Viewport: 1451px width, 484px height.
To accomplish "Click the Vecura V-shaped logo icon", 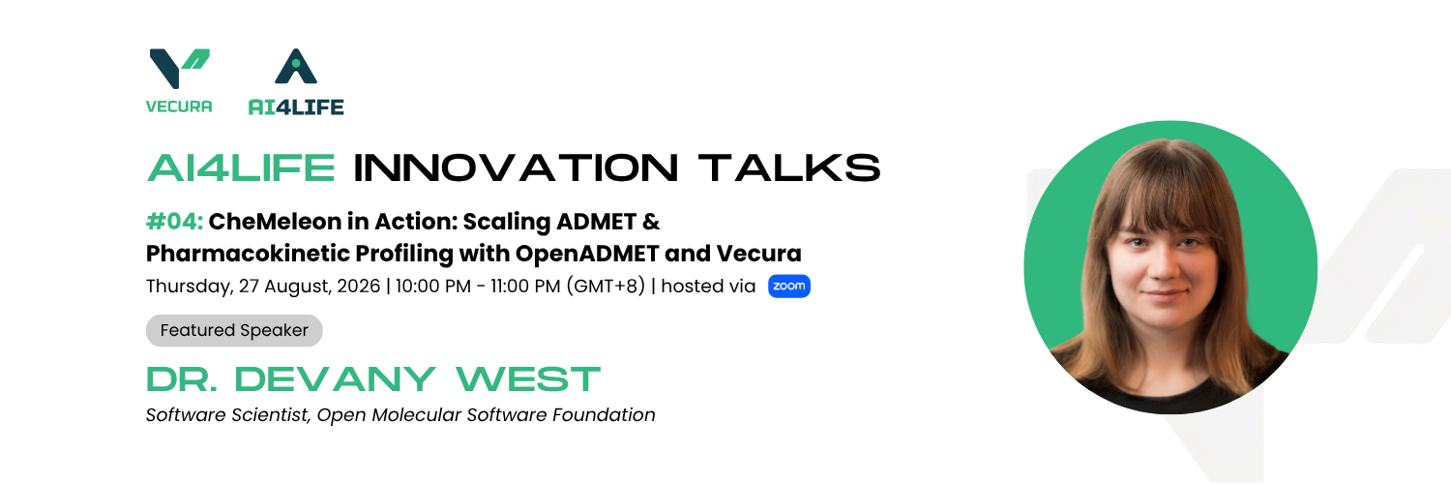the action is (x=179, y=68).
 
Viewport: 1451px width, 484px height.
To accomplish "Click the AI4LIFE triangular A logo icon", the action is (x=296, y=66).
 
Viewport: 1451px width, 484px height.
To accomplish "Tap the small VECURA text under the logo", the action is (x=179, y=106).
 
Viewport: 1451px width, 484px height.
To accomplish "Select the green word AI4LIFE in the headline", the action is (x=241, y=167).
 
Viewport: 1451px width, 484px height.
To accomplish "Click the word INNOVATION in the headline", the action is (x=517, y=167).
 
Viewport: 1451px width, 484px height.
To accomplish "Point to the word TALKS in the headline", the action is (x=789, y=167).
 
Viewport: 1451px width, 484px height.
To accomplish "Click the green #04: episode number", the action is (x=174, y=222).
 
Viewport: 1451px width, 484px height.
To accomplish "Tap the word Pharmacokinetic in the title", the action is (x=248, y=254).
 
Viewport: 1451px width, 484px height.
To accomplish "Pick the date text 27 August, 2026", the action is (x=309, y=286).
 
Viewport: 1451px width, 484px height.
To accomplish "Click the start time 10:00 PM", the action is (x=432, y=286).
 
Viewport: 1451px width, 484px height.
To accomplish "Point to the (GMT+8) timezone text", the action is (x=606, y=286).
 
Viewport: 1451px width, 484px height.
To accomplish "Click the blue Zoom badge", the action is (x=789, y=286).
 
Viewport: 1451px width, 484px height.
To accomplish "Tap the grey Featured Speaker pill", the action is (x=234, y=330).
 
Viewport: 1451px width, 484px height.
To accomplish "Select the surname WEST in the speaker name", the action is (x=528, y=379).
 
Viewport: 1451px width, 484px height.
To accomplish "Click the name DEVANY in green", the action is (x=335, y=379).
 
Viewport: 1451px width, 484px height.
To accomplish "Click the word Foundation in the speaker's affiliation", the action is (x=604, y=414).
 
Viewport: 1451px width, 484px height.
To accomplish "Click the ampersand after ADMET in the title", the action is (x=651, y=222).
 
